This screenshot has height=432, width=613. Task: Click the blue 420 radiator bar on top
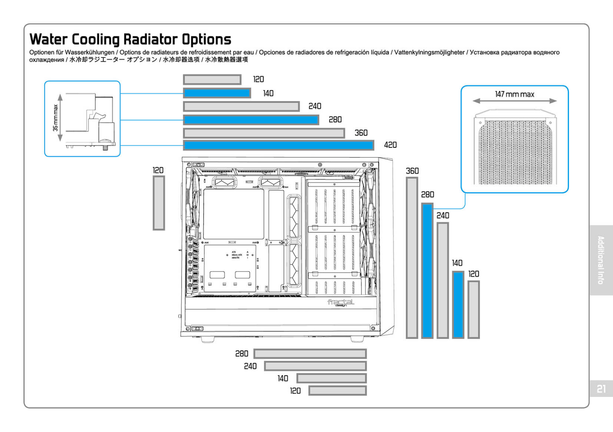(x=279, y=145)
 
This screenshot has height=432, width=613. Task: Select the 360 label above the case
(x=361, y=133)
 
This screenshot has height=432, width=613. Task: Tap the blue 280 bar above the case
(x=251, y=120)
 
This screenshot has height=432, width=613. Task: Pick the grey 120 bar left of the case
(x=159, y=203)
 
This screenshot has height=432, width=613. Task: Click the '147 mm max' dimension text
(x=514, y=94)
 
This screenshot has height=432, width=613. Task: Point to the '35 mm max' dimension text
(x=56, y=118)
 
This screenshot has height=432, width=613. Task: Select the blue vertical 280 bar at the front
(x=427, y=270)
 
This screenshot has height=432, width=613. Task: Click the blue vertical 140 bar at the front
(x=458, y=304)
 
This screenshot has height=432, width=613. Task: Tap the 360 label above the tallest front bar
(x=412, y=171)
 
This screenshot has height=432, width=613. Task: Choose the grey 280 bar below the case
(x=310, y=353)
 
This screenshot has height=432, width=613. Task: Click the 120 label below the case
(x=295, y=391)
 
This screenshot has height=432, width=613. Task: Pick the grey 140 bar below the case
(x=331, y=378)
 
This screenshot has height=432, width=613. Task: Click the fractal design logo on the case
(x=341, y=303)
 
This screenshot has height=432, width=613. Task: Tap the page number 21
(x=601, y=389)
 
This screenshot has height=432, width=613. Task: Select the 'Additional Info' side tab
(x=601, y=260)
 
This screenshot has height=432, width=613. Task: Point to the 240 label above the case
(x=315, y=106)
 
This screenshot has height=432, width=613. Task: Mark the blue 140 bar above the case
(x=217, y=93)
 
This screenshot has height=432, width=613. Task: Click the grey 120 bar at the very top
(x=212, y=79)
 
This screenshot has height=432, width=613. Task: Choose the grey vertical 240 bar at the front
(x=443, y=280)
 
